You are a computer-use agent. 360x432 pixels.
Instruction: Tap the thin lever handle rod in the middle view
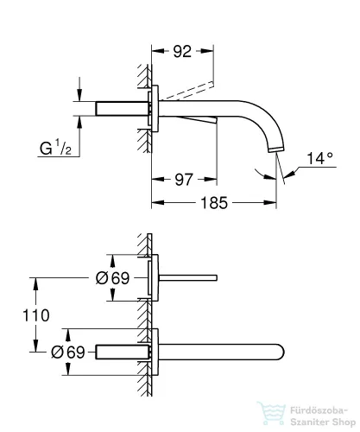tap(190, 277)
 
